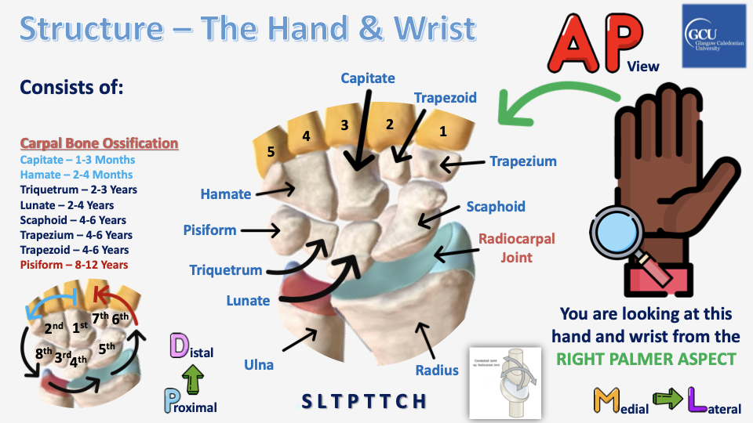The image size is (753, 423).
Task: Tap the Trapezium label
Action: tap(523, 161)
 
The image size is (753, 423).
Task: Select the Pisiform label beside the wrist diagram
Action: tap(209, 230)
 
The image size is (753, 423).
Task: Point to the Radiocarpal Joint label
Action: tap(505, 247)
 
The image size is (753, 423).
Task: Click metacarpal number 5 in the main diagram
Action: tap(271, 151)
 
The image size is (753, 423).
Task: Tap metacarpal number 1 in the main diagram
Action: tap(442, 131)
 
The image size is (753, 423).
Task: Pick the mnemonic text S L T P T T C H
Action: tap(365, 401)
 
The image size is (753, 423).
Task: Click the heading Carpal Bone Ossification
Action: tap(99, 144)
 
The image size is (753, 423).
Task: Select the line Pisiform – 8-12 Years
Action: tap(74, 265)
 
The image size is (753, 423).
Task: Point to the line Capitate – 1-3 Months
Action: tap(78, 160)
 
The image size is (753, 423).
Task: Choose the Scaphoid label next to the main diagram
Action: tap(496, 207)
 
